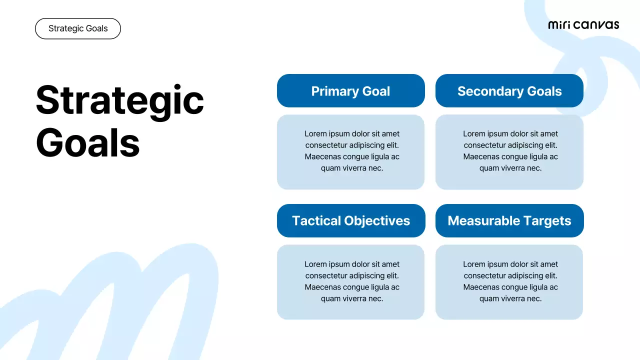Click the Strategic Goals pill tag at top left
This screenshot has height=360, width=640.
pos(78,28)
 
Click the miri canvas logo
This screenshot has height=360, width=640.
pos(583,25)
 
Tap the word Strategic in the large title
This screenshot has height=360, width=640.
pos(120,99)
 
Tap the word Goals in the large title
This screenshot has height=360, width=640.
pos(87,142)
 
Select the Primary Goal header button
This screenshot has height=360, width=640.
pos(350,91)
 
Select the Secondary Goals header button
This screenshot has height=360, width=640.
pos(509,91)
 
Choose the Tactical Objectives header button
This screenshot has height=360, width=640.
pos(350,220)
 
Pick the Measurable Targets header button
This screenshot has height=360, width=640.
pos(509,220)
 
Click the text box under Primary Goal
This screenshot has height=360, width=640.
pos(350,152)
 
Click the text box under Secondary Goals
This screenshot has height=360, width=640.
pos(509,152)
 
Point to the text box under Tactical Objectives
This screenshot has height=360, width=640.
pos(350,282)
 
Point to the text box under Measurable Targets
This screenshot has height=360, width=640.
pos(509,282)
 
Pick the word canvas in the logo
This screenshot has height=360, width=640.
pos(596,25)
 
